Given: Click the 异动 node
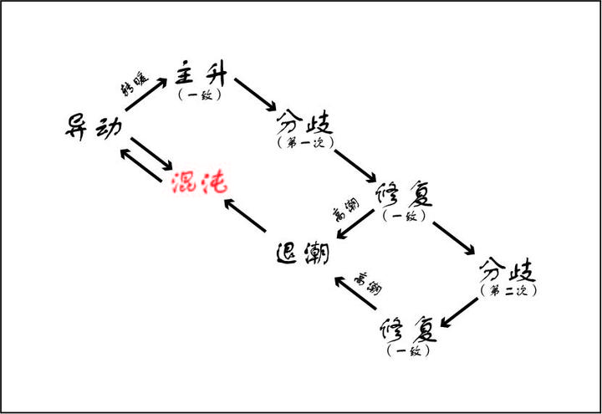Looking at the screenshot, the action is click(94, 126).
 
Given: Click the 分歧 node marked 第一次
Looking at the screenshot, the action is click(304, 125).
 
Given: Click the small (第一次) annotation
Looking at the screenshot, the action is click(304, 144).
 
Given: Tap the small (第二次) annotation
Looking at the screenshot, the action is click(508, 290).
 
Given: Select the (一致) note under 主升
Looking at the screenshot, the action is click(200, 95).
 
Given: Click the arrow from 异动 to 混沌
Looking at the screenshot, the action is click(152, 154).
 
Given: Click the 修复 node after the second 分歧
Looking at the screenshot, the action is click(408, 329).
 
